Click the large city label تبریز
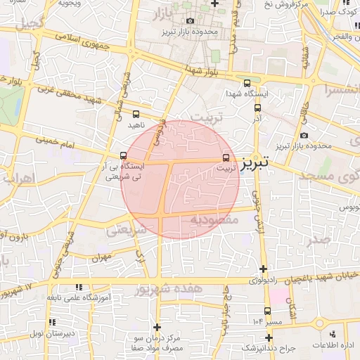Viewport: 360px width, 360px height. point(255,163)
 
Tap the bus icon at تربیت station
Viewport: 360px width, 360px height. point(226,157)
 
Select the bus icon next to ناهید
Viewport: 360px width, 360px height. point(135,113)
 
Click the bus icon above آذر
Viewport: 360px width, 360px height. point(257,108)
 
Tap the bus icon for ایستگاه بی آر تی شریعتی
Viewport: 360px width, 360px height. point(124,155)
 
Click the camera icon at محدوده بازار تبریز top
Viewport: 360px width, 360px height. point(191,22)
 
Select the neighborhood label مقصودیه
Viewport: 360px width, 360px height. point(216,220)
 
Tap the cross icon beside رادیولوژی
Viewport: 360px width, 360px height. point(263,269)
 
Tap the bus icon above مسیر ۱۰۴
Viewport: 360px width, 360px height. point(267,310)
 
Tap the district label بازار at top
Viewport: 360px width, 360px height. point(163,14)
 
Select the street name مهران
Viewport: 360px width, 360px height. point(101,258)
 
